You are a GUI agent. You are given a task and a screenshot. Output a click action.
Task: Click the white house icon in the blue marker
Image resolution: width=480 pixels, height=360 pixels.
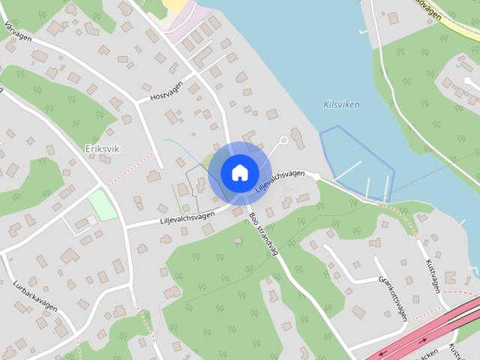238,172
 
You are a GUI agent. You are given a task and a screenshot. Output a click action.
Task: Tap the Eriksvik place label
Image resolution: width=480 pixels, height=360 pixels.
103,148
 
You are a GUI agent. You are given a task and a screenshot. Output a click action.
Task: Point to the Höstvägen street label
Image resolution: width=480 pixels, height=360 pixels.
166,97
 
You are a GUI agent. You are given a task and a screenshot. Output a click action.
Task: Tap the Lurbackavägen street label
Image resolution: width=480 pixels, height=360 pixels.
35,295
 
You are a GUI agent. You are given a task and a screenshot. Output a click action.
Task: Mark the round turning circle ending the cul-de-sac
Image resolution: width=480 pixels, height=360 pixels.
283,139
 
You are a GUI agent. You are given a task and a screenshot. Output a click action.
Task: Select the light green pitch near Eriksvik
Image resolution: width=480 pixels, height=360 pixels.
102,205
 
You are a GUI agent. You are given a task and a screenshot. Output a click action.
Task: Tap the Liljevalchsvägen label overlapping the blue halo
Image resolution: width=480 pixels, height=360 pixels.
280,182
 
